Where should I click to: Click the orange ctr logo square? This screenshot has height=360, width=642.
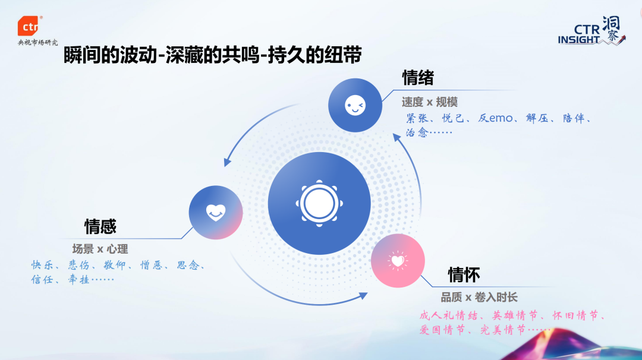tap(29, 26)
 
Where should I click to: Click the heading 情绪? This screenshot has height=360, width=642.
tap(418, 78)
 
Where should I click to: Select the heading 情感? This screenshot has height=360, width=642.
tap(100, 226)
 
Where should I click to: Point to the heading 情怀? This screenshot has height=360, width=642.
tap(464, 274)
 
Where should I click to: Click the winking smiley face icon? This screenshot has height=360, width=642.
tap(355, 106)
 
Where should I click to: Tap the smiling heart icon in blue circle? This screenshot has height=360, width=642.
tap(215, 211)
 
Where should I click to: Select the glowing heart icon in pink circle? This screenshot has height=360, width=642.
tap(398, 260)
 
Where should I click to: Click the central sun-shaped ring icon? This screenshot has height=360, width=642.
tap(319, 203)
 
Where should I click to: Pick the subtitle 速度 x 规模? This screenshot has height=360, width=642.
tap(429, 102)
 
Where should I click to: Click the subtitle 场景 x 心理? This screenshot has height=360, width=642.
tap(100, 249)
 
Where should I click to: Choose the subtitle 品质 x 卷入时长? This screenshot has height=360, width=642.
tap(479, 297)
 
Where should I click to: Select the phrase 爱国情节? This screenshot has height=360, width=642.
tap(443, 330)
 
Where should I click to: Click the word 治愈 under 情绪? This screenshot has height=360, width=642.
tap(417, 132)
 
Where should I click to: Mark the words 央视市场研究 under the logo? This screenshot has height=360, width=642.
tap(38, 43)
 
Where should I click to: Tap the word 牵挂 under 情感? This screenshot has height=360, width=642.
tap(78, 280)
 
